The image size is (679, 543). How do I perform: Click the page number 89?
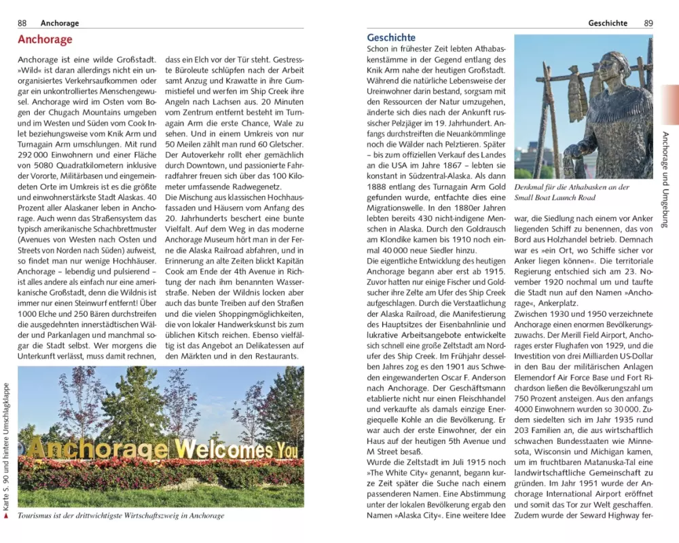648,23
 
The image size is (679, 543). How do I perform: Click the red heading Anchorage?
45,40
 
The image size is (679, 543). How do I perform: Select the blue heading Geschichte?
391,38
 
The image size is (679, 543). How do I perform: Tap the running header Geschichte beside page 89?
608,23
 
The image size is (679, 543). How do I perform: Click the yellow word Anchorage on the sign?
98,449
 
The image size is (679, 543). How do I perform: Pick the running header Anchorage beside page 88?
60,23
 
